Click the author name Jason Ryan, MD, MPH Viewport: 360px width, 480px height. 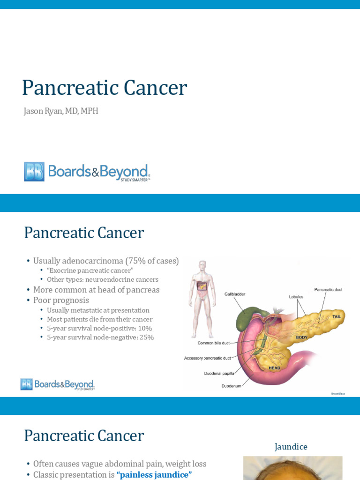tap(61, 111)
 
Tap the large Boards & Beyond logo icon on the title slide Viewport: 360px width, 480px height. tap(34, 172)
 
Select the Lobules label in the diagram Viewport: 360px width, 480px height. tap(296, 297)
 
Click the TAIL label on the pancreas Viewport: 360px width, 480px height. tap(337, 317)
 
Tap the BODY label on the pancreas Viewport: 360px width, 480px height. tap(301, 337)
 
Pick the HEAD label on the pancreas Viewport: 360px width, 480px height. tap(274, 368)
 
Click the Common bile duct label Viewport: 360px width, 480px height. tap(213, 343)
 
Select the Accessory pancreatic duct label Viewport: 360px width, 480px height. tap(208, 358)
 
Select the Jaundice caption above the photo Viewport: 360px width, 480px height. tap(291, 447)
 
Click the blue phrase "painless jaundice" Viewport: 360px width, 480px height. tap(154, 475)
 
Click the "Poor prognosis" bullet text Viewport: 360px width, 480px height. tap(61, 300)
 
